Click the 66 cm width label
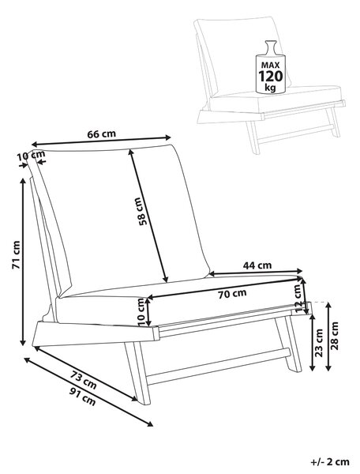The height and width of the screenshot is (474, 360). pyautogui.click(x=102, y=134)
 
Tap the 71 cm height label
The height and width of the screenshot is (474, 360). pyautogui.click(x=16, y=254)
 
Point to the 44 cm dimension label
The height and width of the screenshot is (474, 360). pyautogui.click(x=257, y=265)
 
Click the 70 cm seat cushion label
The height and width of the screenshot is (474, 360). pyautogui.click(x=232, y=294)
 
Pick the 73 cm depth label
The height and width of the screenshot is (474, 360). pyautogui.click(x=84, y=380)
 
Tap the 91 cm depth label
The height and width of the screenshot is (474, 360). pyautogui.click(x=82, y=397)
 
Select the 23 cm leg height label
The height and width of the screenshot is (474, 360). pyautogui.click(x=319, y=342)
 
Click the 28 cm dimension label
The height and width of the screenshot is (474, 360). pyautogui.click(x=335, y=336)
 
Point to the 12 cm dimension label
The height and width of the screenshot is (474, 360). pyautogui.click(x=298, y=299)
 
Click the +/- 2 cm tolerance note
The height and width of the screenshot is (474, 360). pyautogui.click(x=330, y=461)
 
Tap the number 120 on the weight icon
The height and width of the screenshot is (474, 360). pyautogui.click(x=271, y=76)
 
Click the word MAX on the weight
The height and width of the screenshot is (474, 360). pyautogui.click(x=270, y=65)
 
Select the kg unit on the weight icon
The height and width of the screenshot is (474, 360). pyautogui.click(x=270, y=88)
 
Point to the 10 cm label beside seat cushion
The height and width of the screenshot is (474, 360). pyautogui.click(x=143, y=312)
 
